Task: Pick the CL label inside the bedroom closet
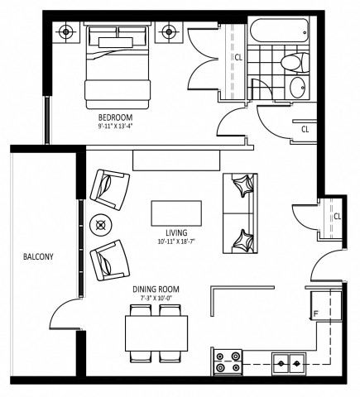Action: click(x=238, y=58)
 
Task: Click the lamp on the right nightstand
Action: click(x=170, y=33)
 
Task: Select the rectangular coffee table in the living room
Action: click(x=175, y=213)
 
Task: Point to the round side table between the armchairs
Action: click(x=101, y=222)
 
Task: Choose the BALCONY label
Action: click(x=38, y=257)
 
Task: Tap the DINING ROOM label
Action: click(x=156, y=289)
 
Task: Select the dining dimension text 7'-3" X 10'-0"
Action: click(x=156, y=299)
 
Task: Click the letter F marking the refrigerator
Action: click(x=314, y=313)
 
